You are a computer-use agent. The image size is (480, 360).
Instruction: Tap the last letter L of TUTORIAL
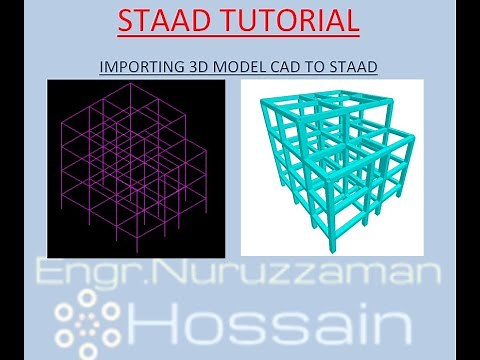pyautogui.click(x=353, y=21)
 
